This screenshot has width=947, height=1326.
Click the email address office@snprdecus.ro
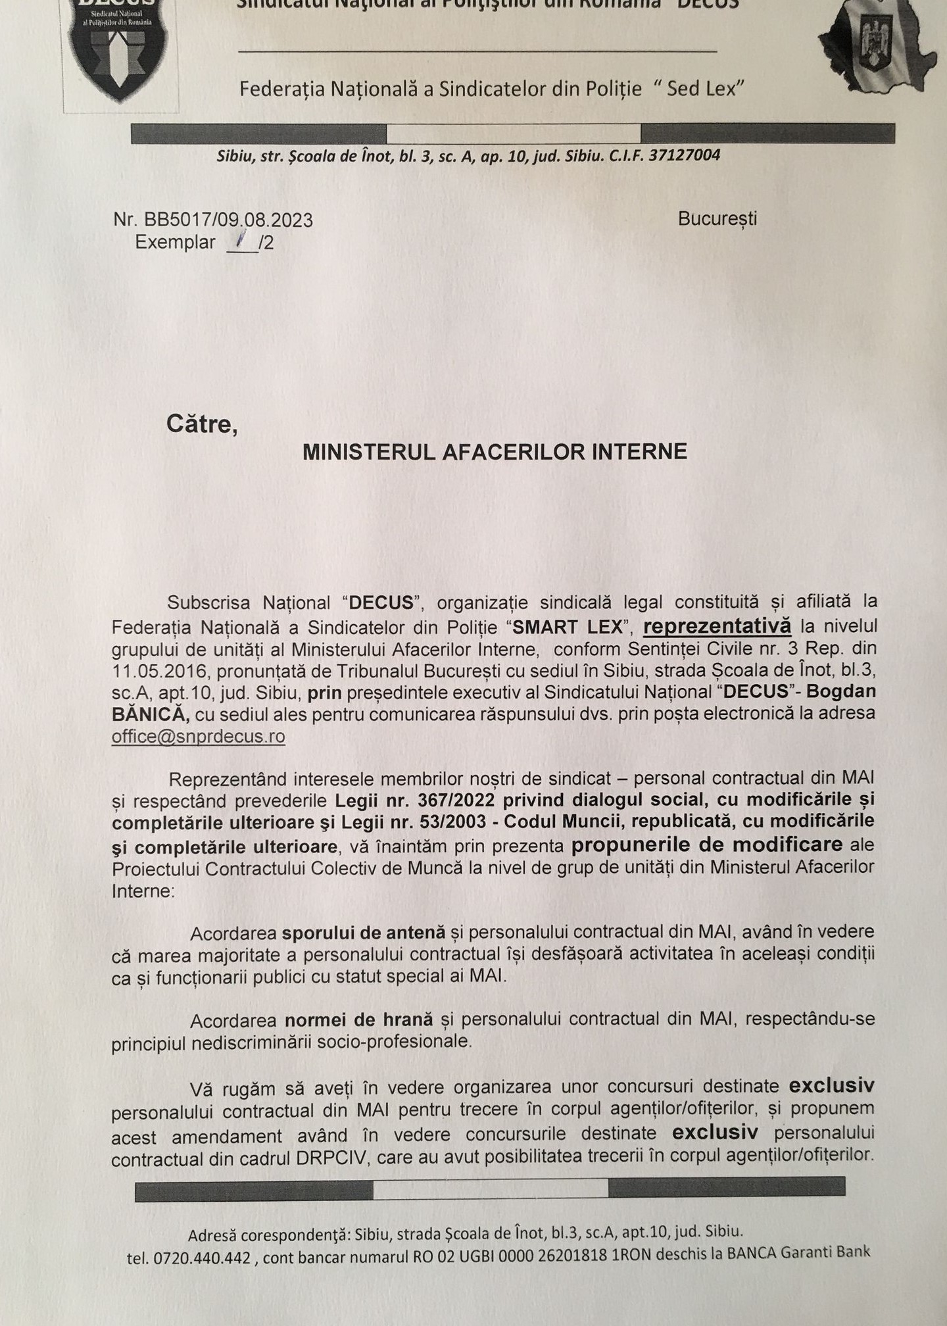pos(198,736)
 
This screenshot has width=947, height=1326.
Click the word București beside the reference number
pos(717,218)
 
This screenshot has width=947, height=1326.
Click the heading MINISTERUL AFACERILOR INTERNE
pos(495,451)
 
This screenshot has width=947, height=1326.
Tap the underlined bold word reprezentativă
pos(717,626)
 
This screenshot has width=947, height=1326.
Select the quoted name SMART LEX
pos(567,627)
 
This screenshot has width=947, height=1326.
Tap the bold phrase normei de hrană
pos(359,1019)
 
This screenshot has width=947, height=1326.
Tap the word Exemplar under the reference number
pos(176,243)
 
